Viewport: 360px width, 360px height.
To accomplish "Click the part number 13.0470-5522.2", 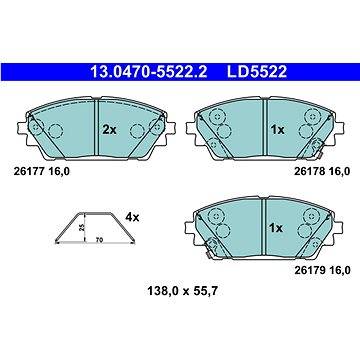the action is [149, 72].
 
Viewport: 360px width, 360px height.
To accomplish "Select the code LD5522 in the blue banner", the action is [257, 72].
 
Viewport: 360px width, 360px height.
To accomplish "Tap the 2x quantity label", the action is [109, 130].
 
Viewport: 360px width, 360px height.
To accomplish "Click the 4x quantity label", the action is [132, 218].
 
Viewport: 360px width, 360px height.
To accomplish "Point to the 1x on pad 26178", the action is [277, 130].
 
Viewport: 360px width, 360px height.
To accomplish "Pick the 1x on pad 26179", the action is [276, 228].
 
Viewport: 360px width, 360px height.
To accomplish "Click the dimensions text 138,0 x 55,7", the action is [182, 291].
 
